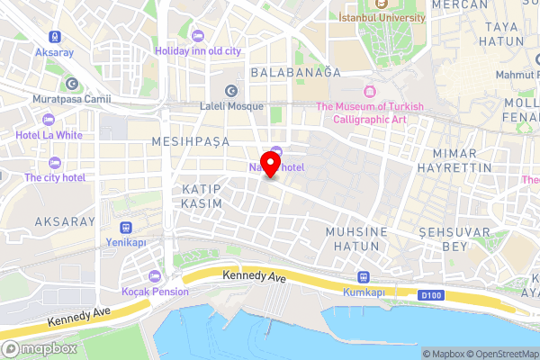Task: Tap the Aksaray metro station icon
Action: click(56, 37)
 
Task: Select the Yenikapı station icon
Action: click(125, 228)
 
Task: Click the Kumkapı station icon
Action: click(364, 277)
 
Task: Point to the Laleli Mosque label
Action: click(231, 105)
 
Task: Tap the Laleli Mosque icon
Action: click(231, 90)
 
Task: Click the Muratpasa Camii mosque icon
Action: click(71, 83)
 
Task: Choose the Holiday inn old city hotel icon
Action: click(161, 50)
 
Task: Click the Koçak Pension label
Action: click(156, 291)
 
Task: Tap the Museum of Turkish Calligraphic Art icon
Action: click(369, 92)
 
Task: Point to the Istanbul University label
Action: click(382, 17)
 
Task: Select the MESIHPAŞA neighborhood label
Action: click(191, 141)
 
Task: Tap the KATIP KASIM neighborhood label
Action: click(202, 197)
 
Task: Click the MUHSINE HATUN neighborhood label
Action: click(356, 238)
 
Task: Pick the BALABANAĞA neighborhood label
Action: click(295, 71)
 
